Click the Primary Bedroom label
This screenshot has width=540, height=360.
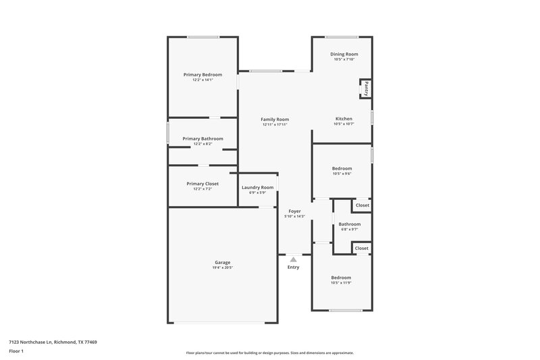point(202,74)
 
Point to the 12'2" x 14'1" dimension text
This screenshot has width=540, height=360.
point(202,80)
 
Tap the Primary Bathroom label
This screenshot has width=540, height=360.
point(202,138)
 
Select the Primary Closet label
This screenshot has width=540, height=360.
point(202,184)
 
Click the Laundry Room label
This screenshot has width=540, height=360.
point(258,187)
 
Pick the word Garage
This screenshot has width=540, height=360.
point(223,262)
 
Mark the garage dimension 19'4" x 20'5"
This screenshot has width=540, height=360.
point(223,268)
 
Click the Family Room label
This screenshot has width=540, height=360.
point(275,120)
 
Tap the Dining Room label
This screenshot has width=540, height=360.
point(344,54)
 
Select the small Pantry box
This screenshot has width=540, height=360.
point(366,88)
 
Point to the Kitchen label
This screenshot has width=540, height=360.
point(344,119)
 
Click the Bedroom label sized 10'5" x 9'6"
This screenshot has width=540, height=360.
point(342,168)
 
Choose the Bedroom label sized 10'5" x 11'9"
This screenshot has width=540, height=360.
point(341,278)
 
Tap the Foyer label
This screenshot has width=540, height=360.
point(294,211)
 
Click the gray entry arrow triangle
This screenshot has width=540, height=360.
point(293,258)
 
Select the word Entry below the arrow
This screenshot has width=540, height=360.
point(293,267)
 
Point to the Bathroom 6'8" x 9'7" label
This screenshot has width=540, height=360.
point(349,224)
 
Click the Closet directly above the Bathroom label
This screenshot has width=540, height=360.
point(362,205)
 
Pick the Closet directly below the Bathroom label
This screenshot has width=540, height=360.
point(362,249)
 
